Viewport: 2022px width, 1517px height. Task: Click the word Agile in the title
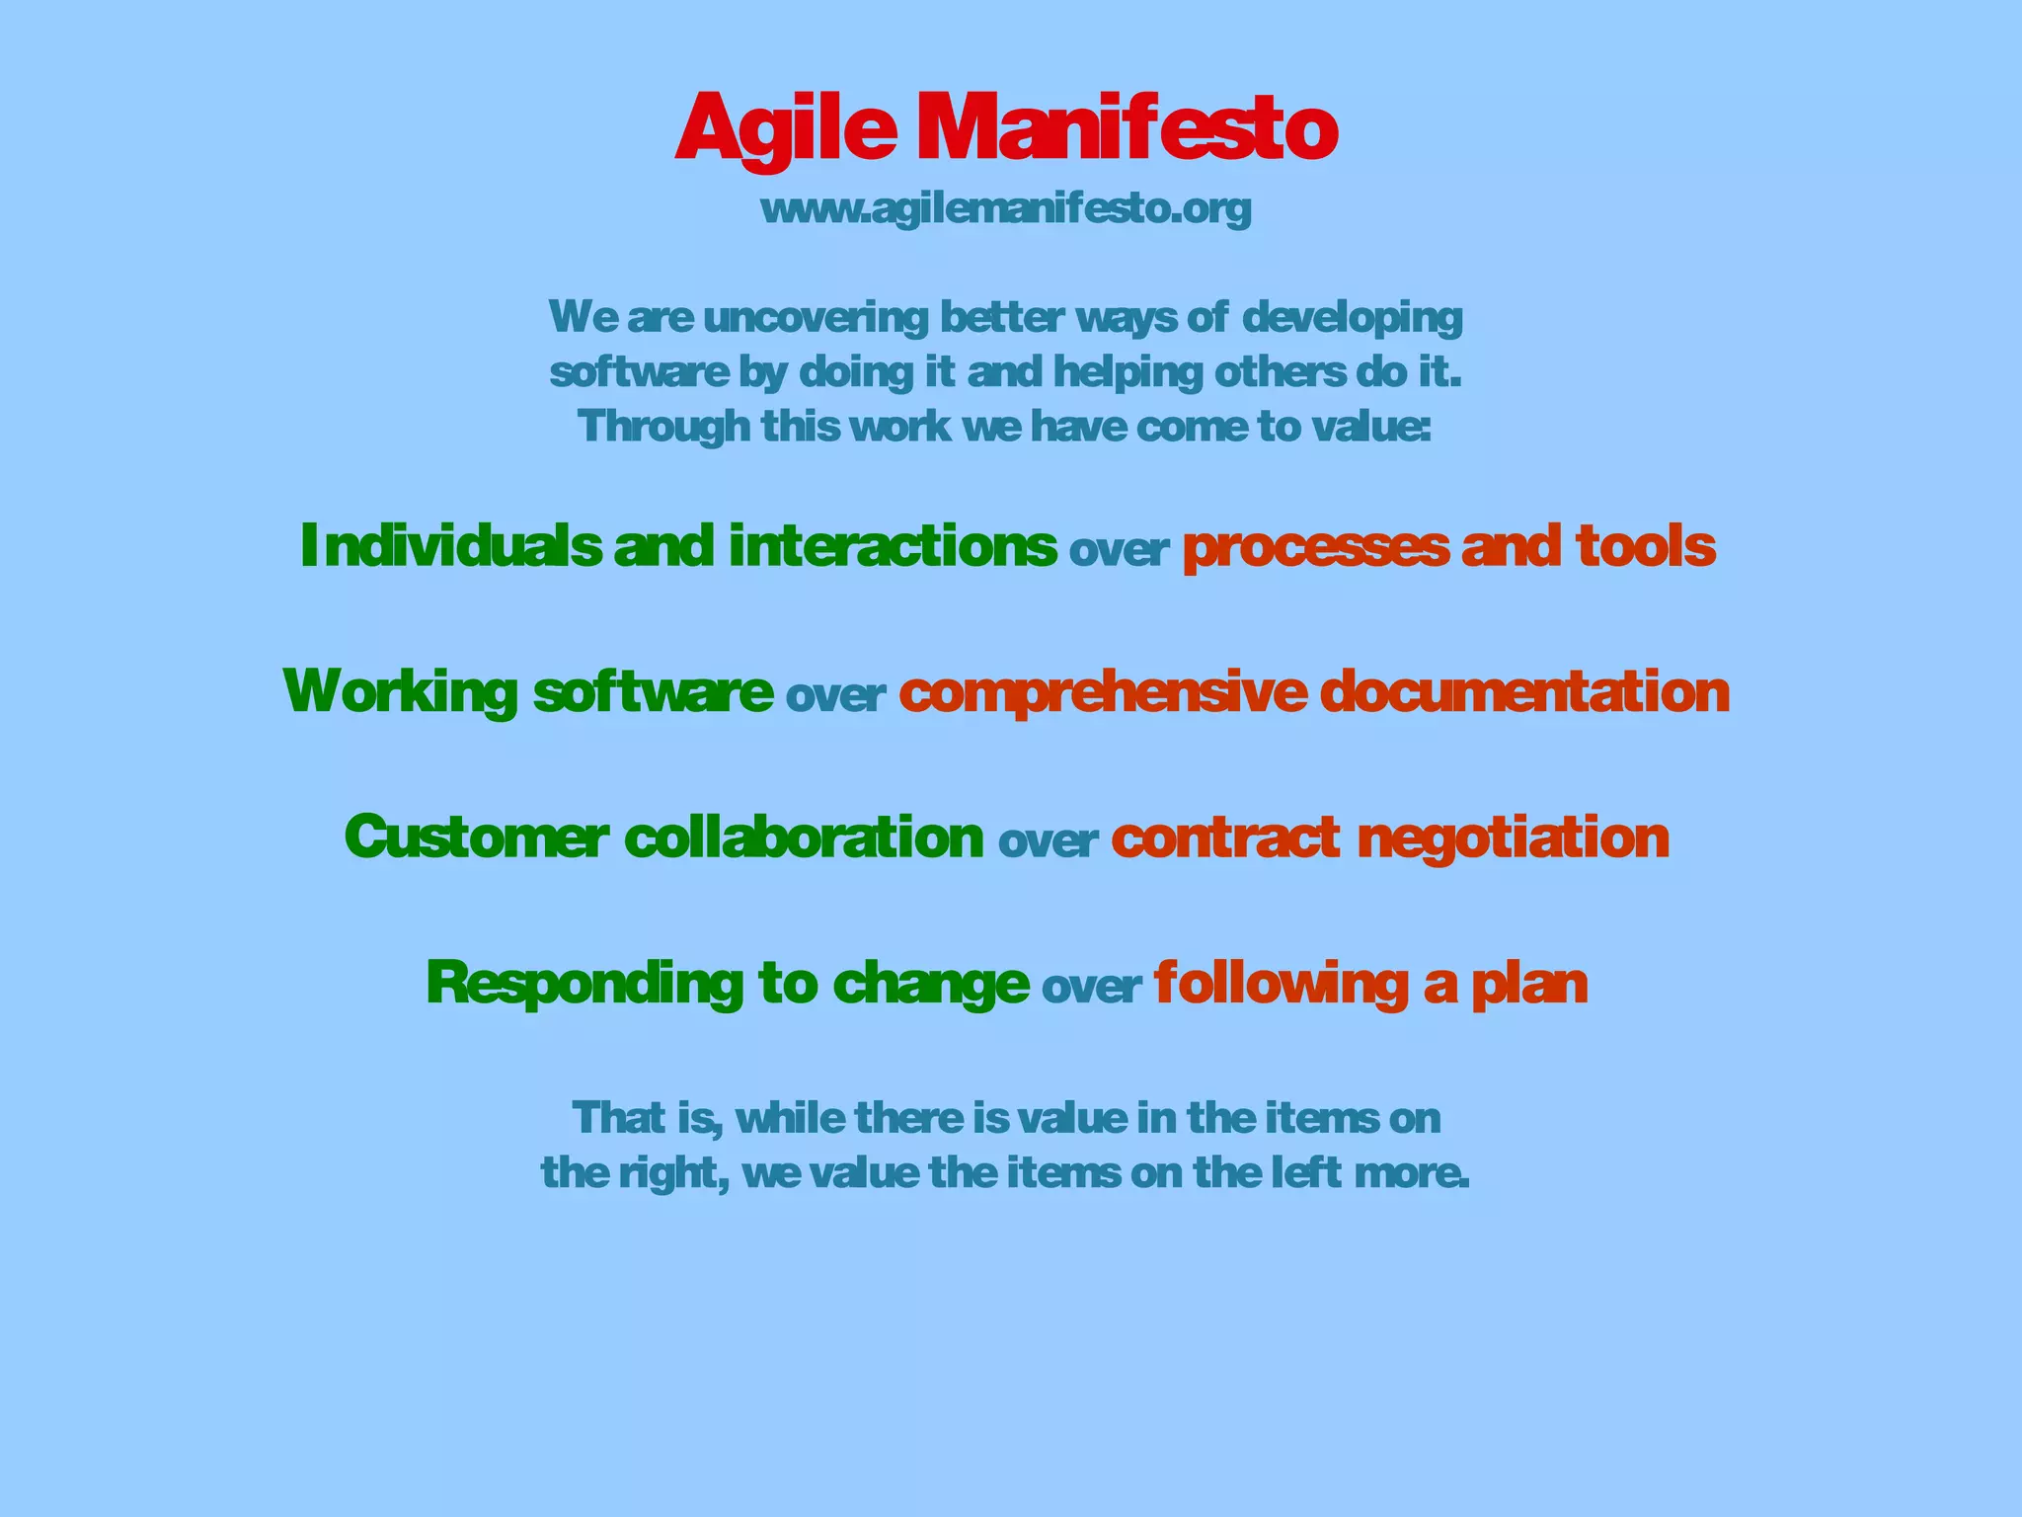click(786, 128)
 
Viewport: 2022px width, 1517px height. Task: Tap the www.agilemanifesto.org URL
click(1006, 208)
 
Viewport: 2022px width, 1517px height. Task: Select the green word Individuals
click(450, 546)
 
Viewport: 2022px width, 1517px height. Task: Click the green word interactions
click(893, 546)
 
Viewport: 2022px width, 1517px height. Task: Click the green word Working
click(400, 691)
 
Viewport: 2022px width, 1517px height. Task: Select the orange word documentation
click(1524, 691)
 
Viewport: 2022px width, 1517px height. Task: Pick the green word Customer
click(476, 838)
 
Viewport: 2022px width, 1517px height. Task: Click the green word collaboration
click(804, 838)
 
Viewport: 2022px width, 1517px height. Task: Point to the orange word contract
click(1225, 838)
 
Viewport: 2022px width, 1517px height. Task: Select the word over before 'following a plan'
click(1091, 987)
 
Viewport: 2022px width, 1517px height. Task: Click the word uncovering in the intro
click(816, 318)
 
